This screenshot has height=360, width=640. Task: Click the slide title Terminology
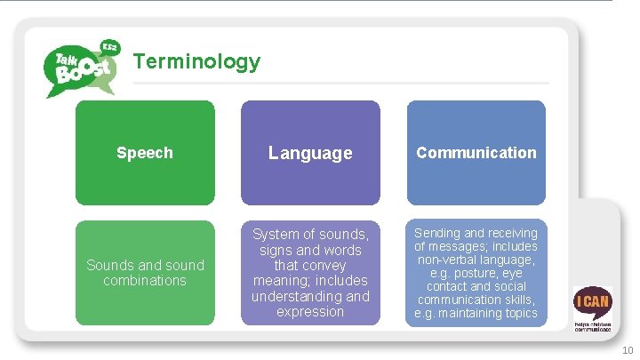pos(196,61)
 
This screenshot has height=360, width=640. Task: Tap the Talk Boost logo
pos(81,68)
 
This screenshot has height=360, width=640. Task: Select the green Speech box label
pos(145,153)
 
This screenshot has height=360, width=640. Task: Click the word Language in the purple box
pos(310,153)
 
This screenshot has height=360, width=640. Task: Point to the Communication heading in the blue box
pos(476,153)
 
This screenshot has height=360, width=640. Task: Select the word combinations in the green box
pos(145,280)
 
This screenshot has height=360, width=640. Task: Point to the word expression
pos(310,311)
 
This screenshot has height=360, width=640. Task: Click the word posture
pos(484,273)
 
